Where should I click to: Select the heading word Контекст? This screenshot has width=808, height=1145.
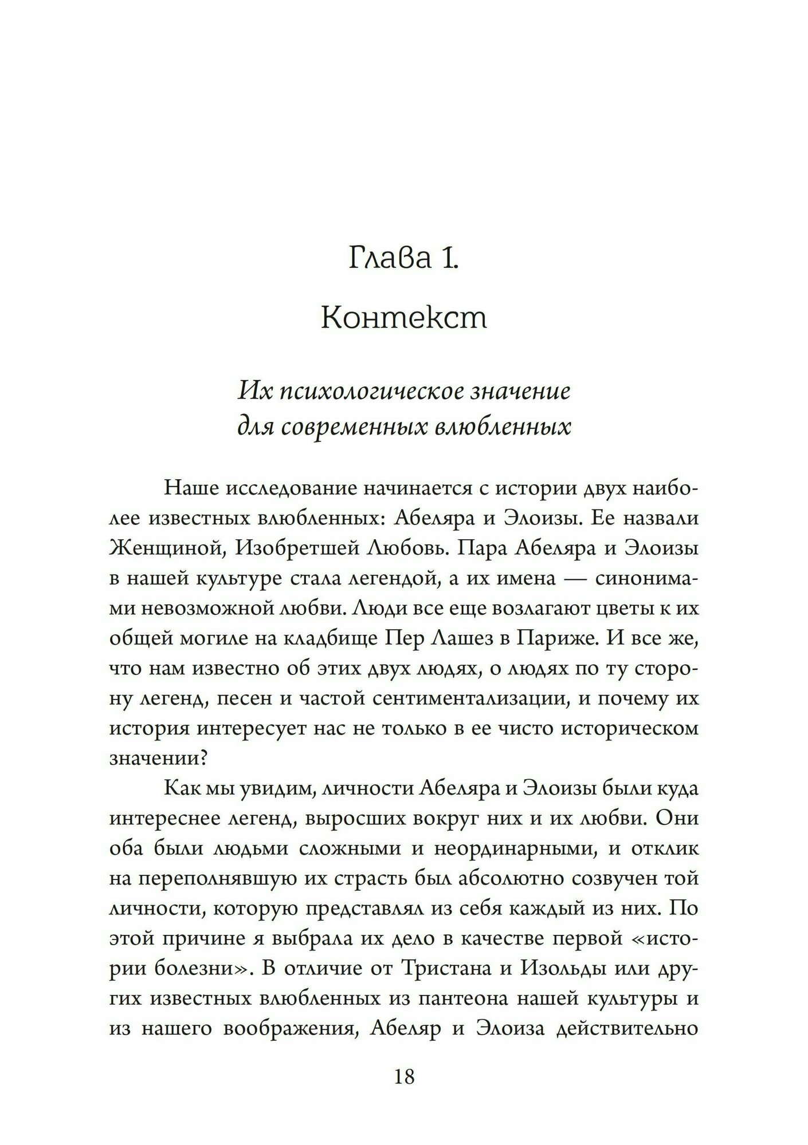click(403, 318)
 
